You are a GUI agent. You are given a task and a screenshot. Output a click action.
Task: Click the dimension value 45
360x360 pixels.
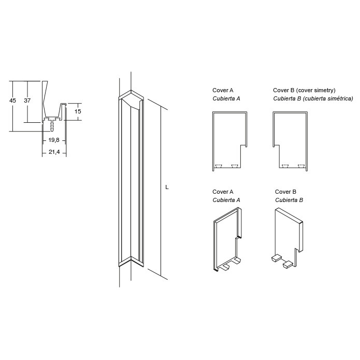(12, 100)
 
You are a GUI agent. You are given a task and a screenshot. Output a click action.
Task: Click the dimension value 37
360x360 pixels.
(27, 100)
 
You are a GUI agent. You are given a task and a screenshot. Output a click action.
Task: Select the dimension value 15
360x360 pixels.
(78, 111)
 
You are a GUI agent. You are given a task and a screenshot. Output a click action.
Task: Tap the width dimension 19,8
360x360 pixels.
(54, 140)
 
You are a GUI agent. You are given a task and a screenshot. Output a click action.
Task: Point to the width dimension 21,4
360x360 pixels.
(54, 152)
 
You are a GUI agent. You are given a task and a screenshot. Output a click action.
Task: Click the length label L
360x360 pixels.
(167, 187)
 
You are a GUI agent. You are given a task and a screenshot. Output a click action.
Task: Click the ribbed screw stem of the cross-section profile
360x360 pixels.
(52, 126)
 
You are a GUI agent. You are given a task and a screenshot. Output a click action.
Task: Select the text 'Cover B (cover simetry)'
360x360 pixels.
(304, 90)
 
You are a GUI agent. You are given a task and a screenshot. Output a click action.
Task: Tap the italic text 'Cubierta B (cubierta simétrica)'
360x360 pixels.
(313, 98)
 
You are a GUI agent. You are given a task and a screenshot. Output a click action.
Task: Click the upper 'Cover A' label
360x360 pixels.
(223, 90)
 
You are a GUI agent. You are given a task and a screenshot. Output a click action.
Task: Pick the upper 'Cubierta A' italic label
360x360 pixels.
(226, 98)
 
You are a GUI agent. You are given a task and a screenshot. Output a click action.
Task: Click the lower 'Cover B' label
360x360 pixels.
(285, 192)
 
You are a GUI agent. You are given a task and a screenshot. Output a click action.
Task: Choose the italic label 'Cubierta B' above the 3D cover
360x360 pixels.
(289, 200)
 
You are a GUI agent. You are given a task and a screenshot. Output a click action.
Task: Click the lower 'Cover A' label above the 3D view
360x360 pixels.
(223, 192)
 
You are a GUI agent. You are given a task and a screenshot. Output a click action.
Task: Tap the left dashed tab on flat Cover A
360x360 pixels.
(219, 166)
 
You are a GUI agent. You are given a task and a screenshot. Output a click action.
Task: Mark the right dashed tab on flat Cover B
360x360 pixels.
(301, 166)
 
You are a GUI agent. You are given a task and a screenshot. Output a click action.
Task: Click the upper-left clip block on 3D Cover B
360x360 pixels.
(277, 258)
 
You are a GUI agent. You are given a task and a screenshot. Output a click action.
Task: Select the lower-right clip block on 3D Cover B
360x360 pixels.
(288, 265)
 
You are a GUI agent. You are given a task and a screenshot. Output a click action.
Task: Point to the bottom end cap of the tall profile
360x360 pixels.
(131, 262)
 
